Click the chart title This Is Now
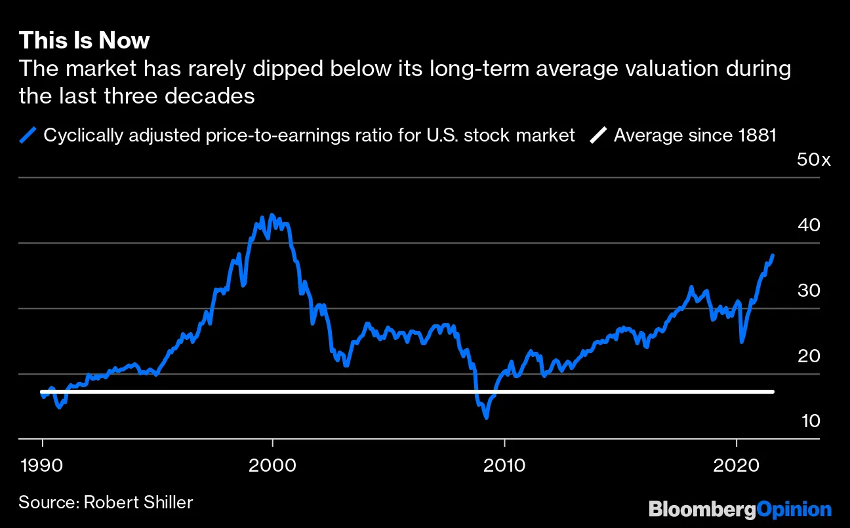click(84, 41)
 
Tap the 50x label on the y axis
click(813, 160)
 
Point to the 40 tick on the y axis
click(808, 225)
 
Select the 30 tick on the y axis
click(808, 291)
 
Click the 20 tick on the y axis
click(808, 356)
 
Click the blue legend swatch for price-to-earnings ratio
click(28, 136)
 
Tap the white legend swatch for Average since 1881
click(598, 136)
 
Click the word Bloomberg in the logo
click(702, 509)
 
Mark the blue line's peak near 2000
click(272, 215)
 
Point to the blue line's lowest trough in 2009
click(486, 417)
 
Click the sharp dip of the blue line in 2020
click(742, 341)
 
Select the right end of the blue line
click(773, 255)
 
